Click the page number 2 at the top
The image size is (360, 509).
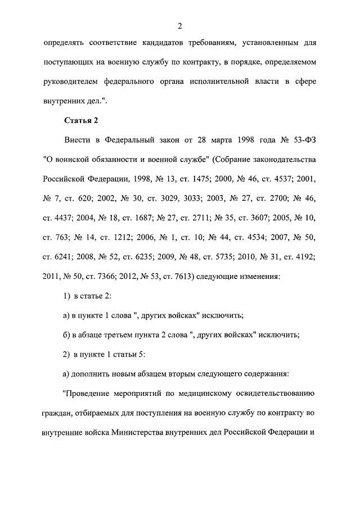pyautogui.click(x=180, y=25)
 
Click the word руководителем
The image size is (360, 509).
pyautogui.click(x=73, y=82)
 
